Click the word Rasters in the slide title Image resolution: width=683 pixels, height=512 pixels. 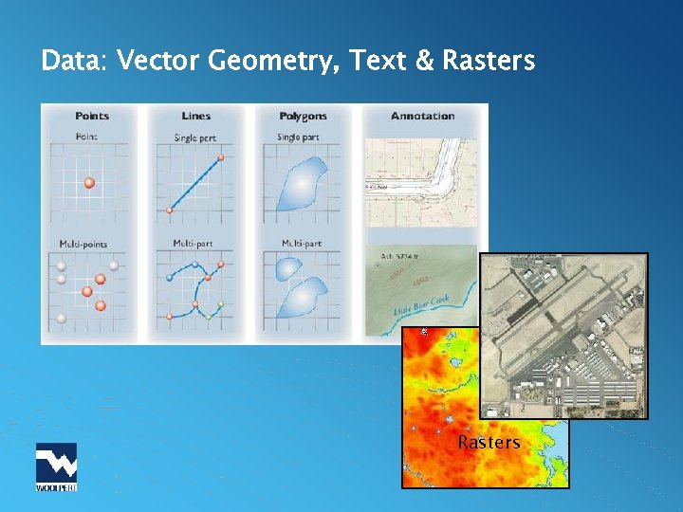[488, 62]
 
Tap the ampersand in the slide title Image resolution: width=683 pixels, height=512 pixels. [425, 62]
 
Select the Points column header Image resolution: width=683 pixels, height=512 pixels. [92, 116]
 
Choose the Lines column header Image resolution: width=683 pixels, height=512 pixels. [196, 116]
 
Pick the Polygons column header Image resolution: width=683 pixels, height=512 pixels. [303, 116]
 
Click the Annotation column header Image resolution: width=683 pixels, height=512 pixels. [422, 116]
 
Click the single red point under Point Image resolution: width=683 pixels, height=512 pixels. [89, 182]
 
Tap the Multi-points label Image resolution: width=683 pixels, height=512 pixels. [83, 244]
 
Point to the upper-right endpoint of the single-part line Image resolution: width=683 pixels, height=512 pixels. [222, 156]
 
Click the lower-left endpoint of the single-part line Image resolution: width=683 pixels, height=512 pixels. [170, 210]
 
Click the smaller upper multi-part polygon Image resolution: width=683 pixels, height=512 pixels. [286, 268]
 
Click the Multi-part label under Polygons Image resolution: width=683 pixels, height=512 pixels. [301, 244]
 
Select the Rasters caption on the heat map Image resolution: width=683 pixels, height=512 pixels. [489, 443]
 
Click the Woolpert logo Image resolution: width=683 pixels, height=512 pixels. [56, 466]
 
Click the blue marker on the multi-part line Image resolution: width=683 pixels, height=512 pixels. [194, 265]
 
